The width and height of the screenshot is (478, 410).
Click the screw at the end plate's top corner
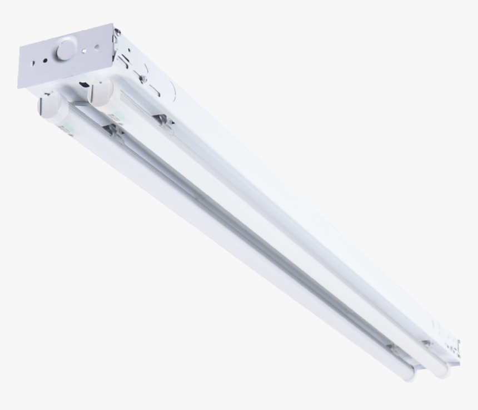pyautogui.click(x=117, y=33)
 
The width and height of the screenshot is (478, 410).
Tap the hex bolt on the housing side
pyautogui.click(x=143, y=79)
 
